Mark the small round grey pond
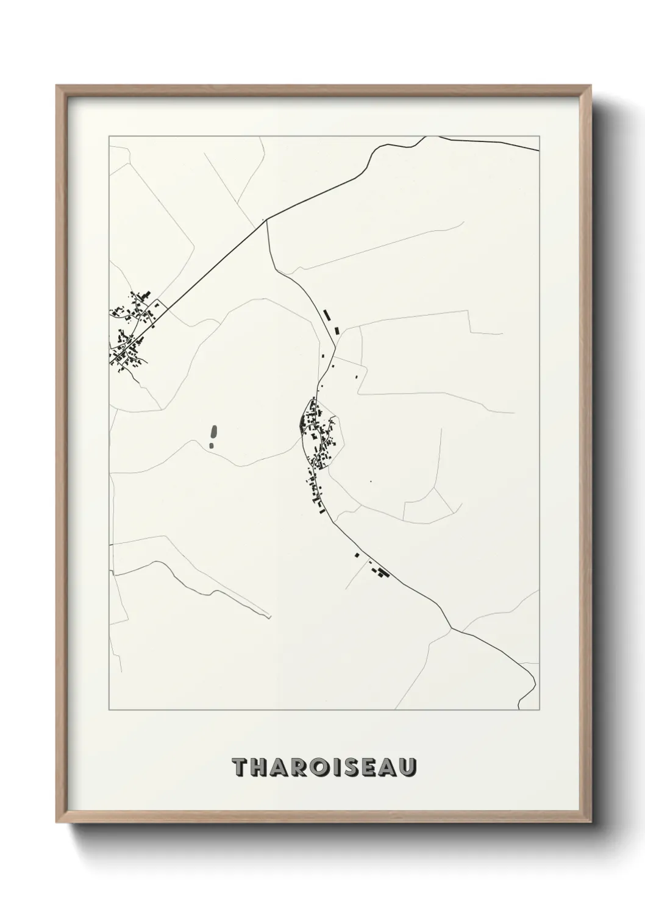click(x=212, y=446)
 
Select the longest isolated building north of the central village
click(x=327, y=315)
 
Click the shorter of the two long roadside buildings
click(x=336, y=331)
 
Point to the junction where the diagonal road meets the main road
click(x=267, y=220)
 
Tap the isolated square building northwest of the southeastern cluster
click(x=357, y=555)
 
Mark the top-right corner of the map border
click(x=540, y=136)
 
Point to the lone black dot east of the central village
click(x=370, y=481)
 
